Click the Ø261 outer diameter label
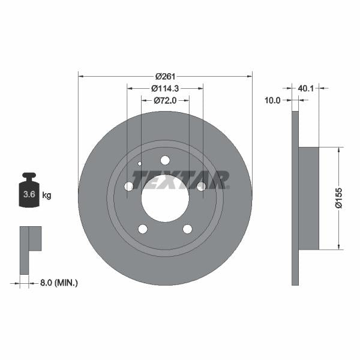[164, 76]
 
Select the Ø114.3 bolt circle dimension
[164, 88]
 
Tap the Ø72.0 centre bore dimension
[164, 100]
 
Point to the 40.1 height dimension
[306, 88]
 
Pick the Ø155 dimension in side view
[339, 198]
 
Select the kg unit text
[47, 195]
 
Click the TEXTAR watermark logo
[180, 179]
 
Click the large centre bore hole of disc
[165, 198]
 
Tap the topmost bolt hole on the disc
[165, 160]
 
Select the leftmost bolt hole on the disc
[128, 187]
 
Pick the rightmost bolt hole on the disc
[202, 187]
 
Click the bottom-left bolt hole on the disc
[142, 229]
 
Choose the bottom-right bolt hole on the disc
[187, 229]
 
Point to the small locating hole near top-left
[140, 163]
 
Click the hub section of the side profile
[308, 198]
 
